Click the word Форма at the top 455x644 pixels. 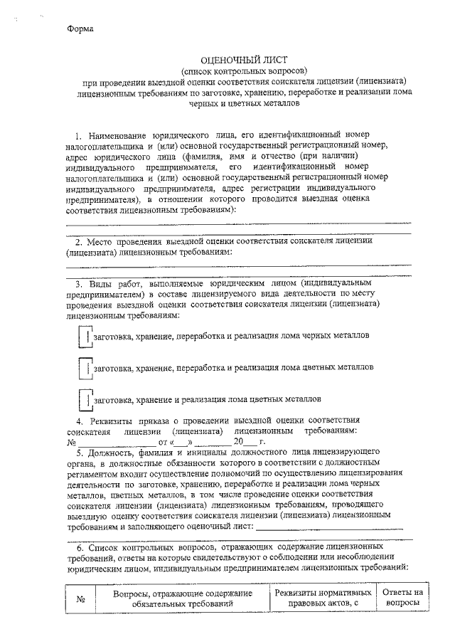[x=80, y=29]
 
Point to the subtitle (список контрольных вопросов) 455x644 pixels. [x=244, y=71]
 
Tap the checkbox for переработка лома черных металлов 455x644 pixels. [x=84, y=336]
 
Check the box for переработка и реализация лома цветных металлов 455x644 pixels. [x=84, y=368]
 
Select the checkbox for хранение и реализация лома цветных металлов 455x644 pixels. [x=84, y=400]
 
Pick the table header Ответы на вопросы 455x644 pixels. [x=402, y=598]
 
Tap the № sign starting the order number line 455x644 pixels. [x=70, y=442]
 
